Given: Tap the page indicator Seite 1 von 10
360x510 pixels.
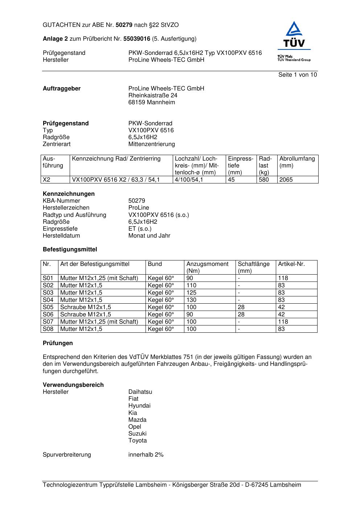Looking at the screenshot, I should (x=298, y=74).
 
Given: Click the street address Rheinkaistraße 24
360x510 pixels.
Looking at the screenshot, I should (x=153, y=95).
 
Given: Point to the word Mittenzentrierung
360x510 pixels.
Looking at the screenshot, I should (x=151, y=144).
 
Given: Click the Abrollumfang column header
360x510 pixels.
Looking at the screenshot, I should (x=297, y=159).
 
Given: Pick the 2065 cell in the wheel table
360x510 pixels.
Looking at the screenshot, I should (x=286, y=179).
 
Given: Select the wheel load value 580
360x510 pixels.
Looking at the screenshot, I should (x=264, y=179).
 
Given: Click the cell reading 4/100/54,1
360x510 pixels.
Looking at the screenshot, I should (x=189, y=179).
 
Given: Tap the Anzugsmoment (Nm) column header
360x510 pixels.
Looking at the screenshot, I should (x=207, y=267).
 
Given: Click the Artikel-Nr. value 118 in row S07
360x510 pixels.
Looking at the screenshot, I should (x=283, y=321).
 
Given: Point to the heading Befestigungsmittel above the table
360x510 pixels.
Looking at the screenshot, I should (x=70, y=249).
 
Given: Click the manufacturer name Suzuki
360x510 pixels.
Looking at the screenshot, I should (x=138, y=433).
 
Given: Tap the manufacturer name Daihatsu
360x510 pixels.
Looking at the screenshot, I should (x=140, y=392).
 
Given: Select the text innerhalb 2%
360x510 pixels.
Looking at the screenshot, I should (x=146, y=454).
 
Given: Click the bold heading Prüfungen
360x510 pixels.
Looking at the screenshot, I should (x=58, y=343).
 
